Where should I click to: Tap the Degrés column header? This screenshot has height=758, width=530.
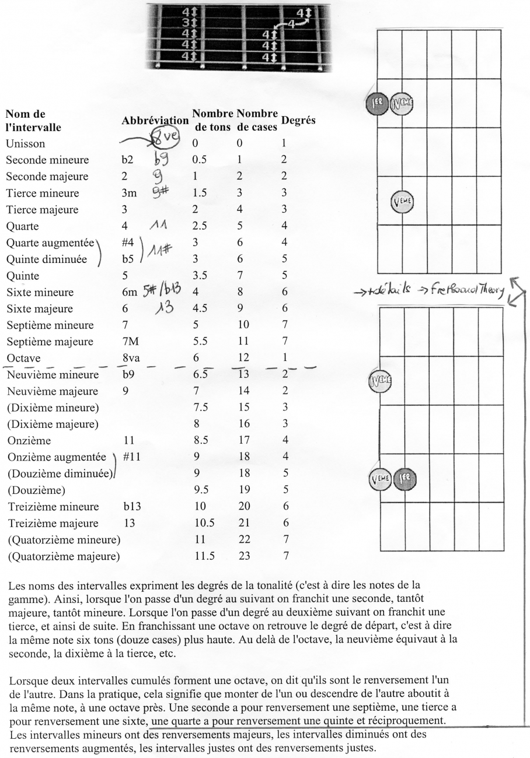click(298, 120)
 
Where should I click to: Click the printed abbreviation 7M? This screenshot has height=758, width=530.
click(130, 341)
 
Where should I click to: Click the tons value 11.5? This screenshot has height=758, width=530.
click(204, 556)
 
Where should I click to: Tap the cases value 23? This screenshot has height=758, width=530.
click(246, 556)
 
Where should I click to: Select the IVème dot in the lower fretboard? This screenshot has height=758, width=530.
click(378, 382)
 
